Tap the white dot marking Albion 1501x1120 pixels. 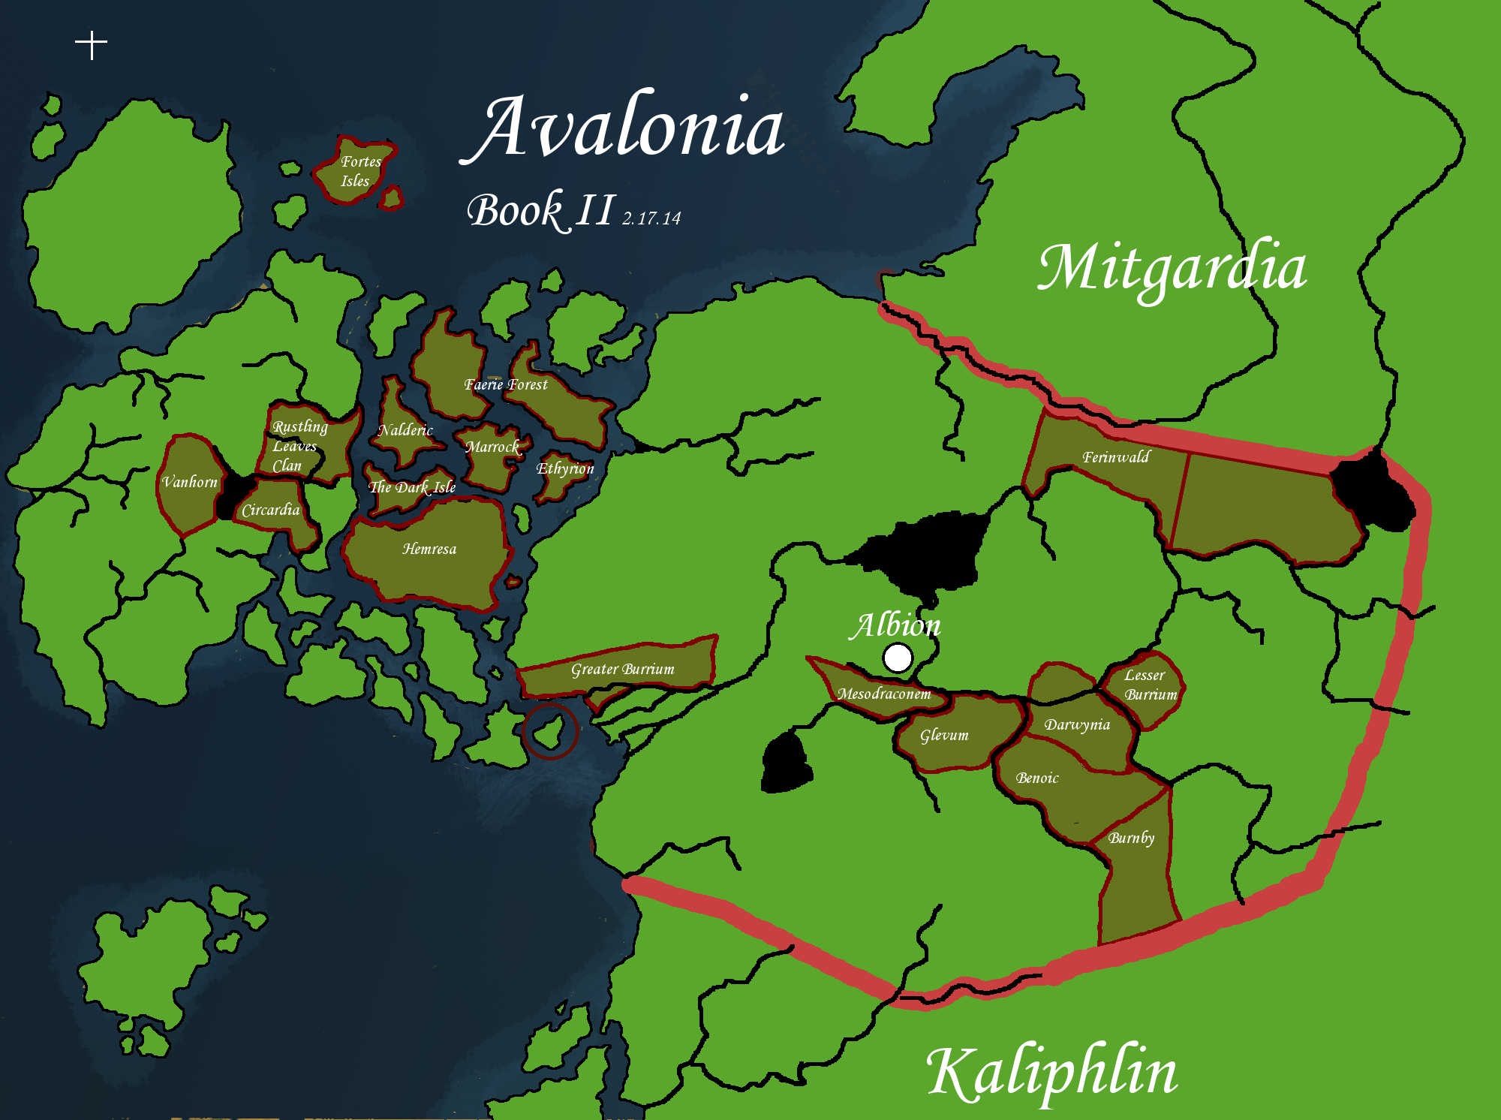coord(898,658)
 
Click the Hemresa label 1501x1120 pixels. coord(429,549)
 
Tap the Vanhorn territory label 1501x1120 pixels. coord(190,482)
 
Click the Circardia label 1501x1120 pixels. coord(270,510)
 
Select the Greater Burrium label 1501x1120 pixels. coord(622,669)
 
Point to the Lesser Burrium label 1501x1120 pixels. coord(1148,685)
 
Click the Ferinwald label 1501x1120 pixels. coord(1115,456)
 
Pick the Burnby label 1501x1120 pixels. coord(1131,838)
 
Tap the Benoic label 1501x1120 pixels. coord(1037,778)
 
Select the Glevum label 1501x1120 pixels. coord(944,735)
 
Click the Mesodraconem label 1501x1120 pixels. coord(884,694)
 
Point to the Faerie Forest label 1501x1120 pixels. coord(506,384)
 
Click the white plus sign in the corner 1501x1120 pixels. coord(92,45)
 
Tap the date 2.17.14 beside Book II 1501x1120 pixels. coord(651,218)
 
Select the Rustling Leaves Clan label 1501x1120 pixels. coord(298,446)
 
